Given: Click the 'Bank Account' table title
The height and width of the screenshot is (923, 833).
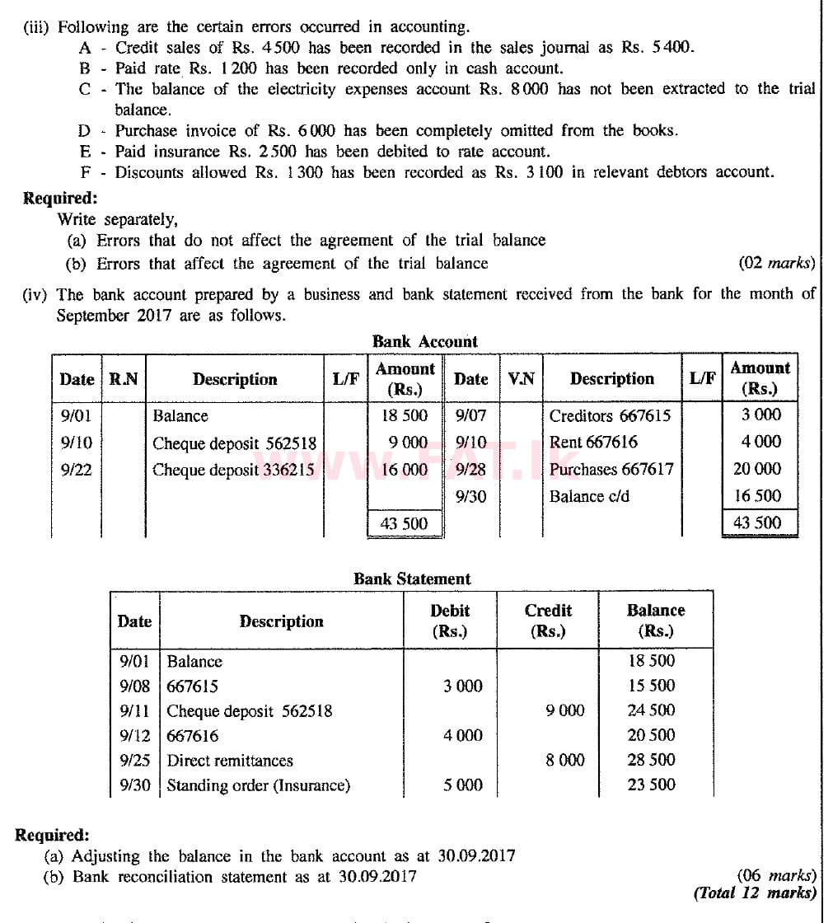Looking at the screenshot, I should (x=424, y=341).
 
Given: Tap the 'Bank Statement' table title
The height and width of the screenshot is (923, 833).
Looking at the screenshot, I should (x=412, y=579).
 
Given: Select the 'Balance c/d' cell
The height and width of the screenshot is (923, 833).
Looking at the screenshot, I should (x=589, y=496).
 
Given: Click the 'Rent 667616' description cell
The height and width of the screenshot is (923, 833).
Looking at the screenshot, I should (x=593, y=442).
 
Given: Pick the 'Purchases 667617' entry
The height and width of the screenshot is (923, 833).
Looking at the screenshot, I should (x=611, y=469).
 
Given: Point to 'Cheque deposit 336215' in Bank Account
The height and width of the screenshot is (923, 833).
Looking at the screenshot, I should (x=233, y=470).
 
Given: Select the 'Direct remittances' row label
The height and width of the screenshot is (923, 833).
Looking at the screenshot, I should (x=230, y=761).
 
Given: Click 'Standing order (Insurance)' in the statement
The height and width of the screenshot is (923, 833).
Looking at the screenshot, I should (x=258, y=785).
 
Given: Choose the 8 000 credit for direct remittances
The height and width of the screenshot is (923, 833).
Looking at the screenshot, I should (x=564, y=761).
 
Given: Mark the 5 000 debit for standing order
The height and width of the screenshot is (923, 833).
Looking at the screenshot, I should (x=462, y=785).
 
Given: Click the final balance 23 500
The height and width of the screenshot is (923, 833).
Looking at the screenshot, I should (x=651, y=785).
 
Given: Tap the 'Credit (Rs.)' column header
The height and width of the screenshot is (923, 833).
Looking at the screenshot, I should (x=548, y=621).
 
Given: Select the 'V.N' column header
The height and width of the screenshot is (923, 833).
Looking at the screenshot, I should (x=522, y=379).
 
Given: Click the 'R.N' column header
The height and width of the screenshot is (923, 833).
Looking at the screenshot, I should (x=124, y=379).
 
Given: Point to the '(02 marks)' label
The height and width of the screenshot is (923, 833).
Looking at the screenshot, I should (x=777, y=264).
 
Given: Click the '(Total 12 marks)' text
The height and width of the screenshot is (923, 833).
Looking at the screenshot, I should (x=755, y=893).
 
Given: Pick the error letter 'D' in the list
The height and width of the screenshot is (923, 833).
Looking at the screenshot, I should (x=84, y=130).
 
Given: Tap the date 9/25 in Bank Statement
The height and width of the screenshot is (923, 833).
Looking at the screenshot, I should (x=134, y=761).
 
